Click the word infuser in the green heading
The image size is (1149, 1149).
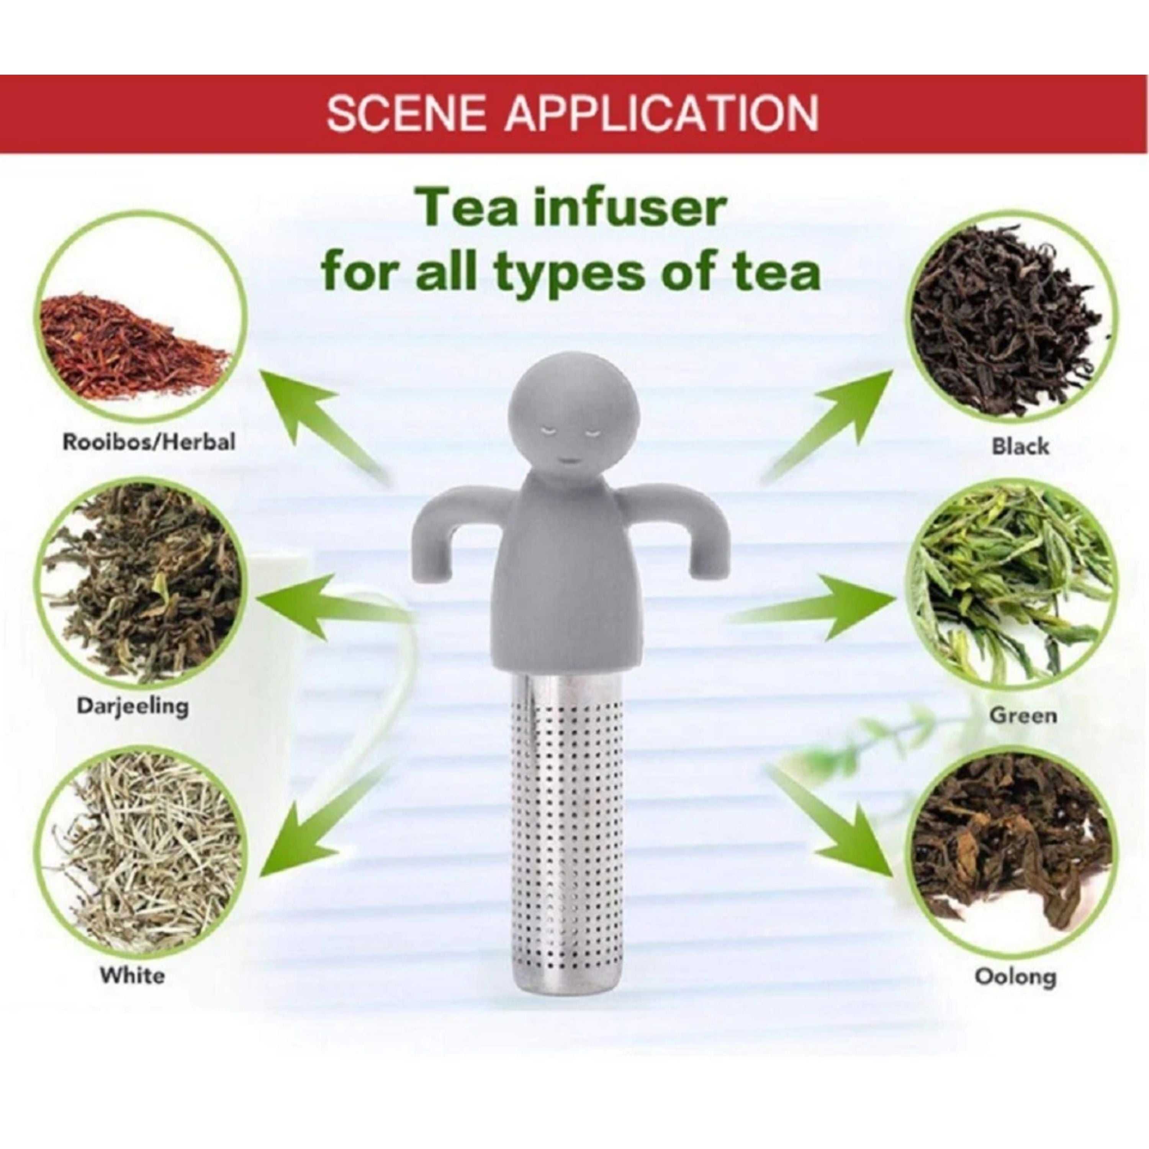tap(629, 209)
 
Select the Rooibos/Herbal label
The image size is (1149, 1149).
tap(149, 442)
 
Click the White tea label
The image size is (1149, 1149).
tap(132, 976)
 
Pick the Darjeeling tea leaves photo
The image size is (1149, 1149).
tap(143, 583)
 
